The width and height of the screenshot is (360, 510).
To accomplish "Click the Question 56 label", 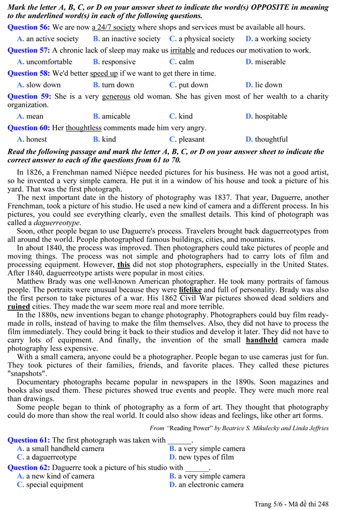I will click(x=29, y=27).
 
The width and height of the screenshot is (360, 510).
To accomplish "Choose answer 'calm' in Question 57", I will click(x=186, y=62).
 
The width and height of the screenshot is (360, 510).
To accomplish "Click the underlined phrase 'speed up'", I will click(x=104, y=74).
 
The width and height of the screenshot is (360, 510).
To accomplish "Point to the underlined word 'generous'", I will click(x=116, y=96).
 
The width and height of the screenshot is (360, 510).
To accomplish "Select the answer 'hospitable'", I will click(x=271, y=116).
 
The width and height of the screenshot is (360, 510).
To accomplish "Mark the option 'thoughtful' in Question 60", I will click(x=271, y=140).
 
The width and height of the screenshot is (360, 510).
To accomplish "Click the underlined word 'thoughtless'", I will click(x=84, y=128).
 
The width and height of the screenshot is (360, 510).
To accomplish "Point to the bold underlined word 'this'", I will click(x=124, y=265).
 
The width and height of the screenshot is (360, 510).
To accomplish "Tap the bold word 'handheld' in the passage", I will click(x=262, y=340).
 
